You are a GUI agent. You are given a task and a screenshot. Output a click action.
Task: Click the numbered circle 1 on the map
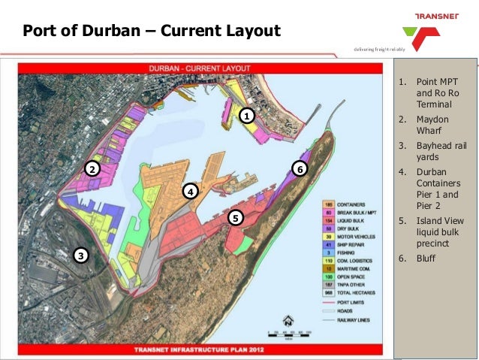(247, 116)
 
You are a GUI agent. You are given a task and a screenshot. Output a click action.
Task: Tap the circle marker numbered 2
(92, 168)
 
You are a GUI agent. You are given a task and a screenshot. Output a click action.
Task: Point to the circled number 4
(191, 192)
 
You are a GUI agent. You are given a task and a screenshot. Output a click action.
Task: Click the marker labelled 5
(235, 218)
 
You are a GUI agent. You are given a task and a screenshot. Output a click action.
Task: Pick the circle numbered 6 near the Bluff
(300, 168)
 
